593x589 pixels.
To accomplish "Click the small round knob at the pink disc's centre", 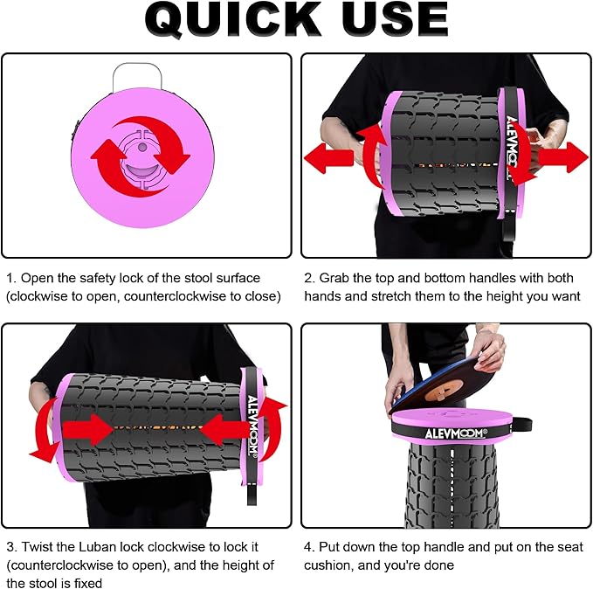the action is pyautogui.click(x=141, y=147).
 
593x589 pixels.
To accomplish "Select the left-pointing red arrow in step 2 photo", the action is pyautogui.click(x=328, y=158).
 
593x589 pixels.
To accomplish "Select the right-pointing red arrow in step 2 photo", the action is pyautogui.click(x=563, y=157).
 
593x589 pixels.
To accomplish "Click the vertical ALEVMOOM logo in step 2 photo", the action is pyautogui.click(x=512, y=147).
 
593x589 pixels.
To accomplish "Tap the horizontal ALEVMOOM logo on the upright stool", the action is pyautogui.click(x=456, y=433).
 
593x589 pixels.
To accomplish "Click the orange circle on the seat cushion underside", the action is pyautogui.click(x=444, y=390).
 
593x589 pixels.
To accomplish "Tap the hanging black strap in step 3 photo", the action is pyautogui.click(x=252, y=492).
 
